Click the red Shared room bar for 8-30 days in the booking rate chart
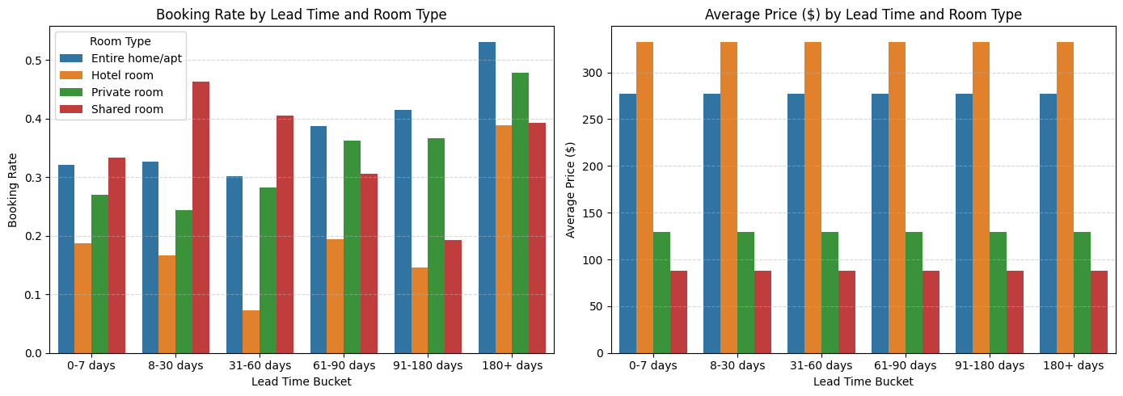pos(201,217)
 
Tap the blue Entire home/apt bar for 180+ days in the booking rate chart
pos(487,198)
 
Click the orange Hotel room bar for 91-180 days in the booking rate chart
pos(419,310)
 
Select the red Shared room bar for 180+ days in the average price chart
pos(1099,312)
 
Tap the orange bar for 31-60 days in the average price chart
pos(813,198)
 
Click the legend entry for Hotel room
pos(122,75)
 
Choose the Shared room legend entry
pos(127,109)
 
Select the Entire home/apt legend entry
pos(136,58)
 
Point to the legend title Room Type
pos(120,41)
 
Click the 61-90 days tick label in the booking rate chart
pos(344,366)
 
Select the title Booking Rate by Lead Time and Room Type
pos(301,15)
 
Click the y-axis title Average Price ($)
pos(571,190)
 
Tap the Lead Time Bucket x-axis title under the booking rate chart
pos(301,381)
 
